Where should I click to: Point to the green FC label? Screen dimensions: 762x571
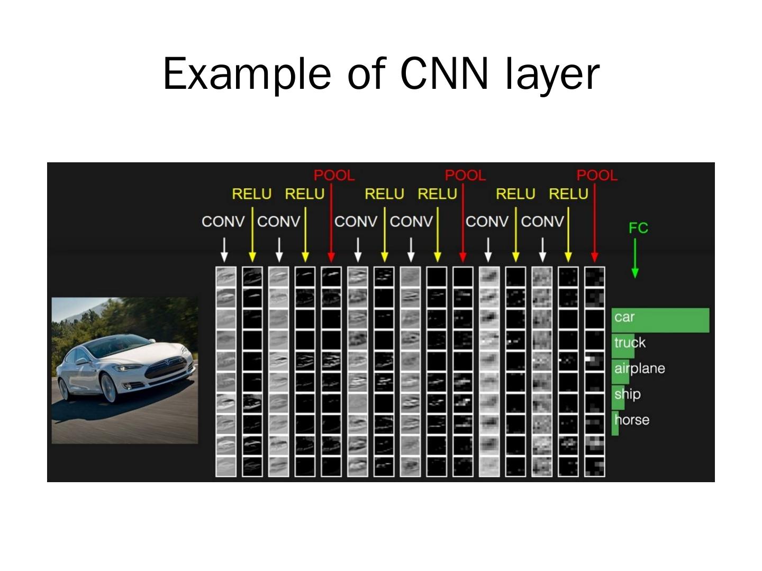[x=638, y=228]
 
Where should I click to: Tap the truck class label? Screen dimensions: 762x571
[x=630, y=343]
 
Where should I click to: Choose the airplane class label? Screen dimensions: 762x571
[x=639, y=368]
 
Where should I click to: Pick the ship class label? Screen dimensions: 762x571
[x=628, y=394]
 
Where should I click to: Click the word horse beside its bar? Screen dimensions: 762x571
[x=632, y=420]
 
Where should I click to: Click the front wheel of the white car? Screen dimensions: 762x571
[x=110, y=388]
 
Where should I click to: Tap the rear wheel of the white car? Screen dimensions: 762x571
[x=63, y=389]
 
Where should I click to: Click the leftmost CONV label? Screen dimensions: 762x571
[x=223, y=221]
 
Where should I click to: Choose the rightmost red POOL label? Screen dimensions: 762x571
[x=597, y=175]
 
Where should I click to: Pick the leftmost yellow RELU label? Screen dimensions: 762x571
[x=252, y=194]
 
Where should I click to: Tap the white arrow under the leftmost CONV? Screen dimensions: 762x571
[x=224, y=250]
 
